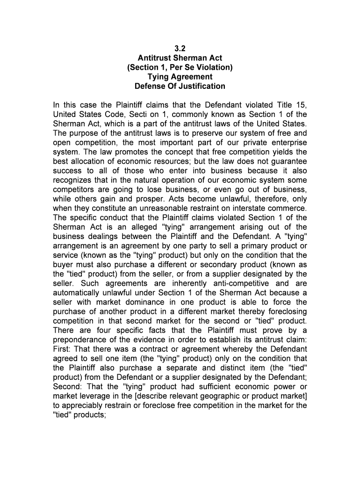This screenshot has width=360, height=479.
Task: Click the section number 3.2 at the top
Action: coord(180,49)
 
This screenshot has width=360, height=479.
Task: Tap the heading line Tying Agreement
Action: coord(180,77)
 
